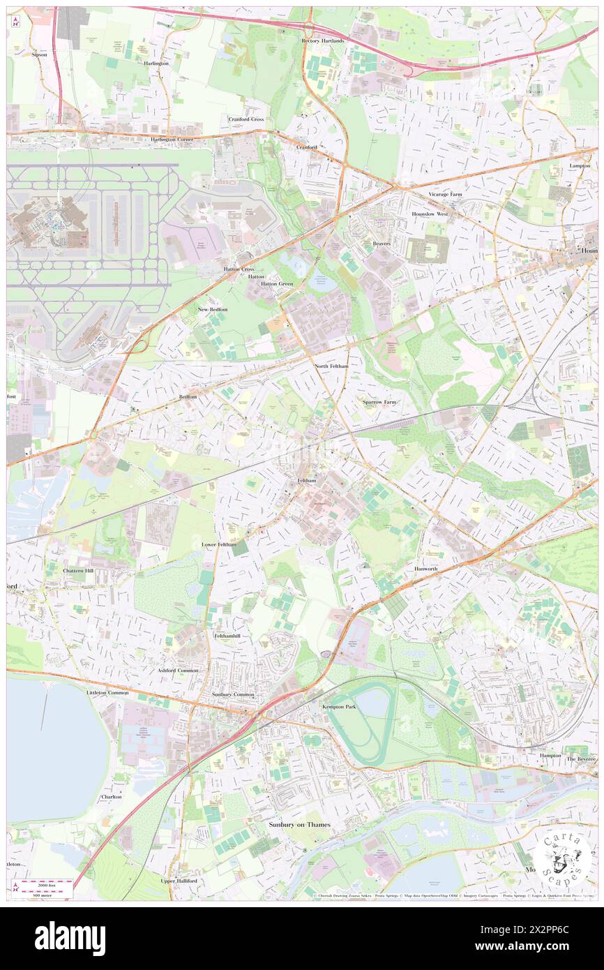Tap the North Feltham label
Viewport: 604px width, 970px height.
(331, 366)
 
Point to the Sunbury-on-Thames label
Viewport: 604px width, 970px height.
(299, 825)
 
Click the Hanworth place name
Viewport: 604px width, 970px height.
(425, 569)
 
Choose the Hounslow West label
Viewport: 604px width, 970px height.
(430, 214)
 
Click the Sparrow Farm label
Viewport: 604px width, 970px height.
(379, 402)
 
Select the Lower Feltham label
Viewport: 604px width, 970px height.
(218, 544)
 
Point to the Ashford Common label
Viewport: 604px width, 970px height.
(178, 670)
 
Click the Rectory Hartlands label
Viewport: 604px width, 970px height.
(323, 41)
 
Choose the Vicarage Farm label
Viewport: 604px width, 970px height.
(445, 193)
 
